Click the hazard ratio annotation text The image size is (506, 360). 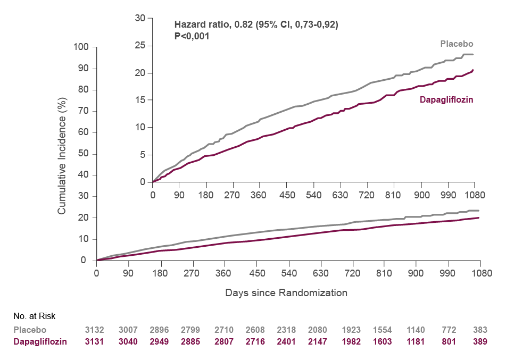point(256,24)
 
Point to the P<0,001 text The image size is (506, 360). point(192,36)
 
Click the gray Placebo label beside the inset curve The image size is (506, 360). point(457,44)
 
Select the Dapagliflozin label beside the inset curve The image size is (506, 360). point(446,99)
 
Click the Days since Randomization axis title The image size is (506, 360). point(286,292)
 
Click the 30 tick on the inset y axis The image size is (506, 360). point(140,18)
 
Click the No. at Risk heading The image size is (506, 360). point(35,316)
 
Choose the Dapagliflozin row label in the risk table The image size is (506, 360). point(40,341)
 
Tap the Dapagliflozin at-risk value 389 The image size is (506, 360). point(480,341)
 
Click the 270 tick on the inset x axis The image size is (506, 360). point(233,195)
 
